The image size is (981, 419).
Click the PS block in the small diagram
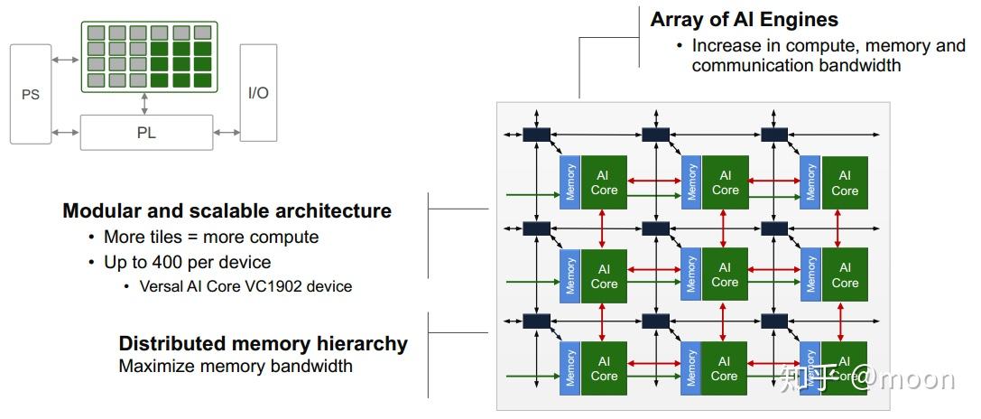[x=31, y=94]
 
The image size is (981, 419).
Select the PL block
[x=146, y=132]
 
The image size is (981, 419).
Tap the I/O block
[x=258, y=93]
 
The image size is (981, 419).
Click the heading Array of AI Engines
[x=744, y=20]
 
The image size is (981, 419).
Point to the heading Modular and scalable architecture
[x=227, y=211]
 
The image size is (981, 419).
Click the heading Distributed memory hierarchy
[x=263, y=344]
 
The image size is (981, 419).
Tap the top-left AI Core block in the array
[x=604, y=183]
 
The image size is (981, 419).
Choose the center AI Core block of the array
[x=725, y=275]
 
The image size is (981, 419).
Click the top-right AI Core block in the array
[x=845, y=183]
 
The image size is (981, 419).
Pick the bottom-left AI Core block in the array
[x=604, y=368]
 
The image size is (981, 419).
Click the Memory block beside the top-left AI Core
[x=570, y=183]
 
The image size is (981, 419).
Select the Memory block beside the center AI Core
[x=690, y=275]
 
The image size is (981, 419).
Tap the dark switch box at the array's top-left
[x=536, y=135]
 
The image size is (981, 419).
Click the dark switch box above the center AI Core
[x=655, y=228]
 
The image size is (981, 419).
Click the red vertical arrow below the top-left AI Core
[x=604, y=230]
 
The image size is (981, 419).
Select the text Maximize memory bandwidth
[x=236, y=367]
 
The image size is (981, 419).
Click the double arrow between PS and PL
[x=66, y=133]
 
